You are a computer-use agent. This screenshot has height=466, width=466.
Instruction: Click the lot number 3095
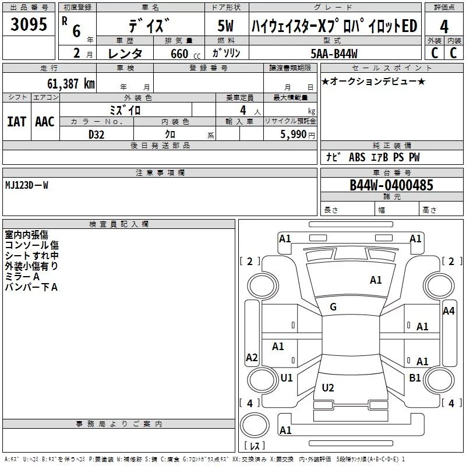29,24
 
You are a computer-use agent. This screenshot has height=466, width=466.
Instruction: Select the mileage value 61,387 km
71,84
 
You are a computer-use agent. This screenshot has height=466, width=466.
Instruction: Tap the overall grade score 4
444,27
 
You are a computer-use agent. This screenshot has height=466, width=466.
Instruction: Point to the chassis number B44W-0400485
391,185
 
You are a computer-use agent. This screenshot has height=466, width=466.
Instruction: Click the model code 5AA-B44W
334,54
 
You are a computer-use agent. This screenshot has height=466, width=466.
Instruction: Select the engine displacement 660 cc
185,54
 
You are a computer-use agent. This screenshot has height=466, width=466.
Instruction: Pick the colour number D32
96,135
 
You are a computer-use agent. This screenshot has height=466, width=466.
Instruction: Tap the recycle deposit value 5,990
293,135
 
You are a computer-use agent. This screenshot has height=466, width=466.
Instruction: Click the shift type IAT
17,122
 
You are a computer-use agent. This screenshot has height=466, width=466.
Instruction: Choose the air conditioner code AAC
45,122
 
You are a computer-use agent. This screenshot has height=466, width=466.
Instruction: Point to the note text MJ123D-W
27,185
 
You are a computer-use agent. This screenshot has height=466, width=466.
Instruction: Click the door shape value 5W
225,26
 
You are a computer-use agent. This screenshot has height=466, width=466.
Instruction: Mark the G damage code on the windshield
333,307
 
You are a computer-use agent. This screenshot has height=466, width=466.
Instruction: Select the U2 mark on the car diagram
328,387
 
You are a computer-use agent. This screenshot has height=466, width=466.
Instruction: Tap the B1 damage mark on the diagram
415,377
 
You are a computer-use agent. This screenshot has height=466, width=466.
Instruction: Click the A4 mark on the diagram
449,311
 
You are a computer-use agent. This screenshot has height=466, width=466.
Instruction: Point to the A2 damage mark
252,357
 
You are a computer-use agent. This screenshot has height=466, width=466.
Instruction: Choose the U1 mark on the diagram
287,377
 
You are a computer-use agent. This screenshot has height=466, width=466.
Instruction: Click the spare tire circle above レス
255,425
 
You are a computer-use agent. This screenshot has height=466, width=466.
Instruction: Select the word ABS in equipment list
357,157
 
